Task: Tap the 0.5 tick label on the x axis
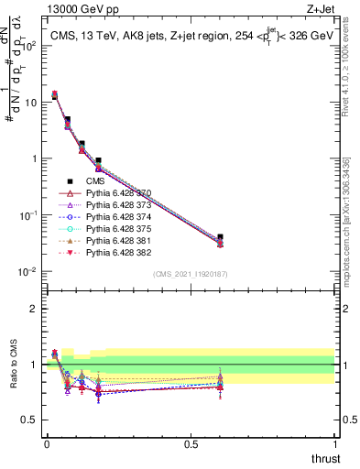(x=191, y=444)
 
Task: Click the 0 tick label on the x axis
(x=46, y=444)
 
